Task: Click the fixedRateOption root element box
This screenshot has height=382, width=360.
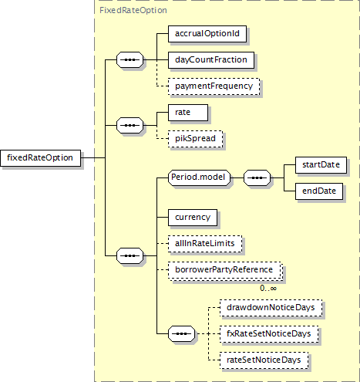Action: [40, 158]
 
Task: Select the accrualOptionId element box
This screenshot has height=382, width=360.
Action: [207, 34]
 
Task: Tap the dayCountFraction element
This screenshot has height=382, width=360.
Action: [211, 60]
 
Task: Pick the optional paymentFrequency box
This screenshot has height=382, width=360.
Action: [214, 86]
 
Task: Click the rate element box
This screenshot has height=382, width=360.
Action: [188, 113]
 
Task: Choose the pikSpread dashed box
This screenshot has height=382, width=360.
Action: [196, 139]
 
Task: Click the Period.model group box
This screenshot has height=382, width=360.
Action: [199, 177]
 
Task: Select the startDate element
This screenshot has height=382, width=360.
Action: [321, 165]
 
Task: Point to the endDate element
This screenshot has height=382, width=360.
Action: [319, 191]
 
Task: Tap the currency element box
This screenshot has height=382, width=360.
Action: [193, 218]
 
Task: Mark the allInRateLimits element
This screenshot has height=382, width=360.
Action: [205, 244]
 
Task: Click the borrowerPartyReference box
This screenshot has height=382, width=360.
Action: [225, 270]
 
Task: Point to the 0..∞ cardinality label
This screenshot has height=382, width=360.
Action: [268, 288]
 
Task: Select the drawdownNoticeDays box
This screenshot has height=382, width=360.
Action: [271, 308]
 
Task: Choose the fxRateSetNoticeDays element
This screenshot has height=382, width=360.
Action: [269, 334]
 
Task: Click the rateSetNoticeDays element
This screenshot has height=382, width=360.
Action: [264, 360]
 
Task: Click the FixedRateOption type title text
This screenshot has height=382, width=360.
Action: [133, 10]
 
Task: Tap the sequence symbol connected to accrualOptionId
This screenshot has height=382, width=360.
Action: [130, 60]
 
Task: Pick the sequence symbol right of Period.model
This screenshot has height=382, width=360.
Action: [257, 177]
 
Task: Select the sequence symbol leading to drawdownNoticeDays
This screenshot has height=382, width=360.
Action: [181, 334]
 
